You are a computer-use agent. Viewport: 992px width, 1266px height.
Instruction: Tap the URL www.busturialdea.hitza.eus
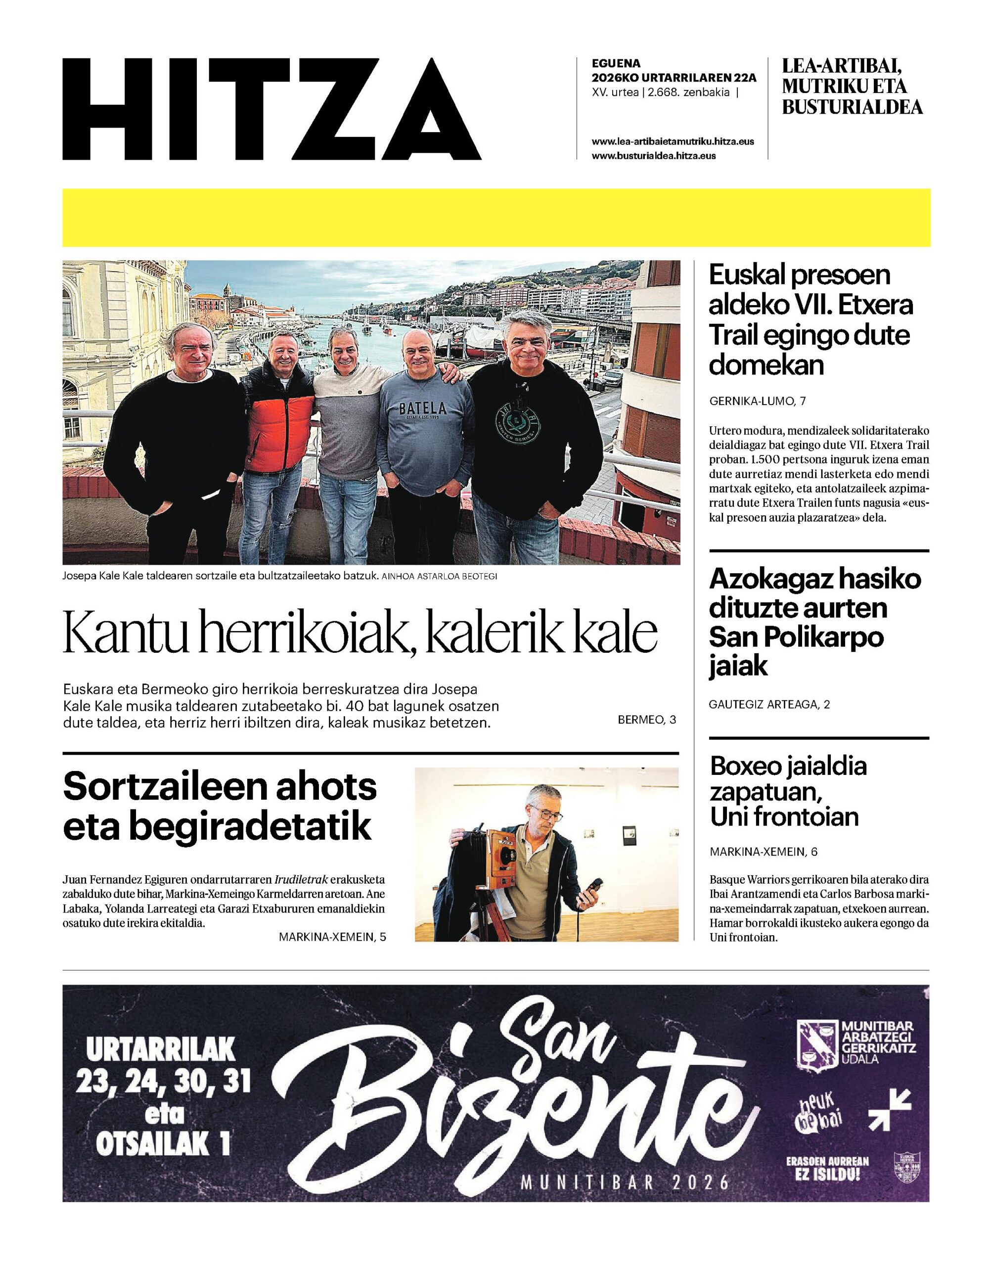pos(653,156)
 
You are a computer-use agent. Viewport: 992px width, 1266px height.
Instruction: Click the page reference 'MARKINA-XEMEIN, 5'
pos(332,937)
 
